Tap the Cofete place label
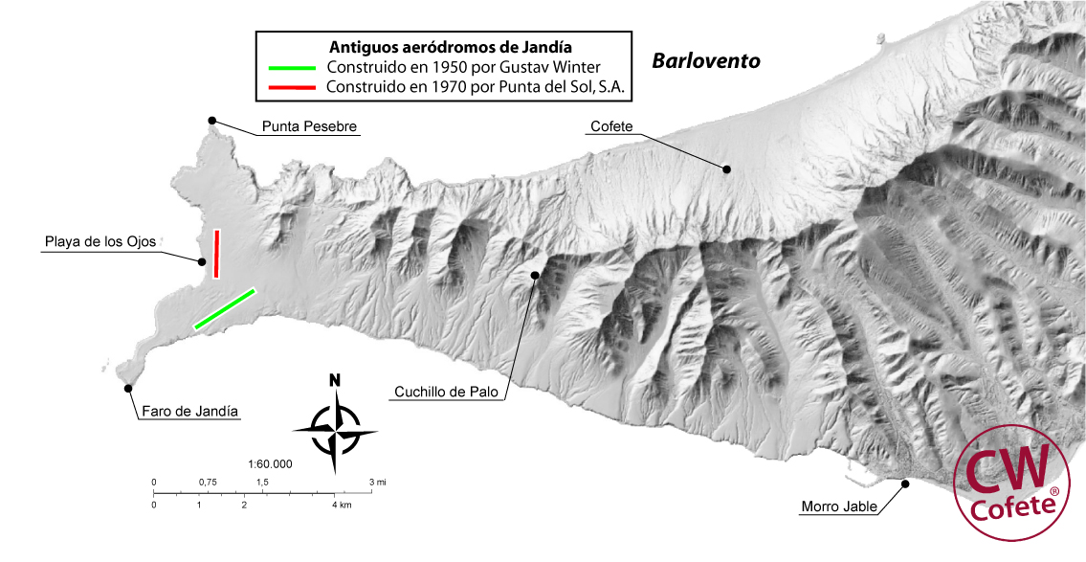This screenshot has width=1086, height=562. click(x=611, y=126)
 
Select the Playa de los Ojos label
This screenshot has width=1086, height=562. click(x=100, y=242)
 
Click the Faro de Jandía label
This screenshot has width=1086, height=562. click(x=190, y=412)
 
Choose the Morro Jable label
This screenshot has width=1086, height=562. click(x=838, y=506)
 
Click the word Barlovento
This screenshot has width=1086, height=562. click(x=706, y=61)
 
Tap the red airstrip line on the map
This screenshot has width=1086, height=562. click(x=217, y=254)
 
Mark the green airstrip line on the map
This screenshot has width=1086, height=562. click(x=225, y=308)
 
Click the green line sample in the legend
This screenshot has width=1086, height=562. click(x=292, y=68)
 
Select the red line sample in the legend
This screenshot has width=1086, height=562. click(x=292, y=86)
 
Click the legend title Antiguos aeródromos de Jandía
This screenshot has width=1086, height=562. click(x=443, y=47)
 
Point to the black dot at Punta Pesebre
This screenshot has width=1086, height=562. click(x=212, y=121)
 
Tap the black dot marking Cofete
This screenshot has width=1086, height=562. click(x=726, y=169)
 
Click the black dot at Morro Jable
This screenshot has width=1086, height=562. click(x=905, y=483)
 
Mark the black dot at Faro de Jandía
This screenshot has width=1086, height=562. click(x=128, y=388)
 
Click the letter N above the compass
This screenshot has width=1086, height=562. click(x=334, y=380)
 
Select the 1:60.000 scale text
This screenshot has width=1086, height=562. click(x=270, y=464)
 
